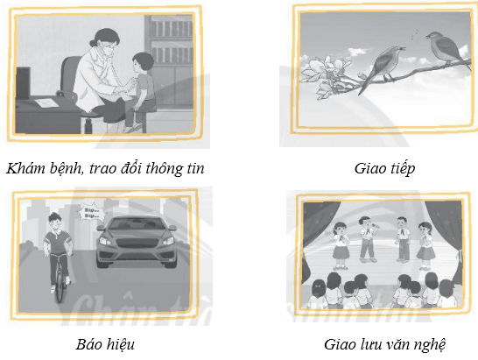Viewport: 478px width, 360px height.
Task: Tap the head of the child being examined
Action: [x=142, y=64]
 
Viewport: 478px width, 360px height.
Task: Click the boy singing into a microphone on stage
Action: [x=368, y=236]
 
